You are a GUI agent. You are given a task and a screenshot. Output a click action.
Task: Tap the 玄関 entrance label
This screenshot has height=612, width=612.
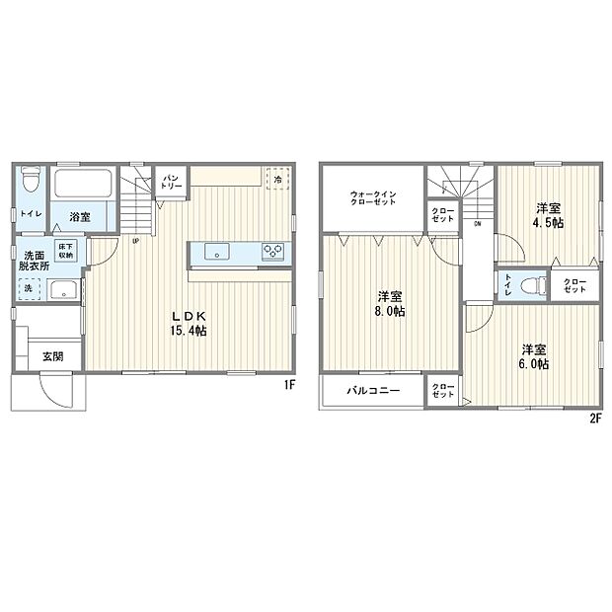(x=52, y=356)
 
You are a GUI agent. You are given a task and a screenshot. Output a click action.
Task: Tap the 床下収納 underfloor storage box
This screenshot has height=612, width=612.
(x=65, y=251)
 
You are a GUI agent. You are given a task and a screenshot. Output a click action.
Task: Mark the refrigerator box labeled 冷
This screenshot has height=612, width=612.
(x=278, y=181)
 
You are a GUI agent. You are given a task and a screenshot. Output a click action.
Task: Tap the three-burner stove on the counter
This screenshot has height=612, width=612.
(x=272, y=252)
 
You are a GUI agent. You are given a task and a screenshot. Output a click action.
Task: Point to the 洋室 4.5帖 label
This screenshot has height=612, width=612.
(x=548, y=216)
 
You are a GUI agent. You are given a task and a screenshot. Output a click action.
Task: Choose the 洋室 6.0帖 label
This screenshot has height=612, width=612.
(x=534, y=356)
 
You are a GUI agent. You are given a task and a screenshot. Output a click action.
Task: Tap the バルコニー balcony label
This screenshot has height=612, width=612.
(x=372, y=391)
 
